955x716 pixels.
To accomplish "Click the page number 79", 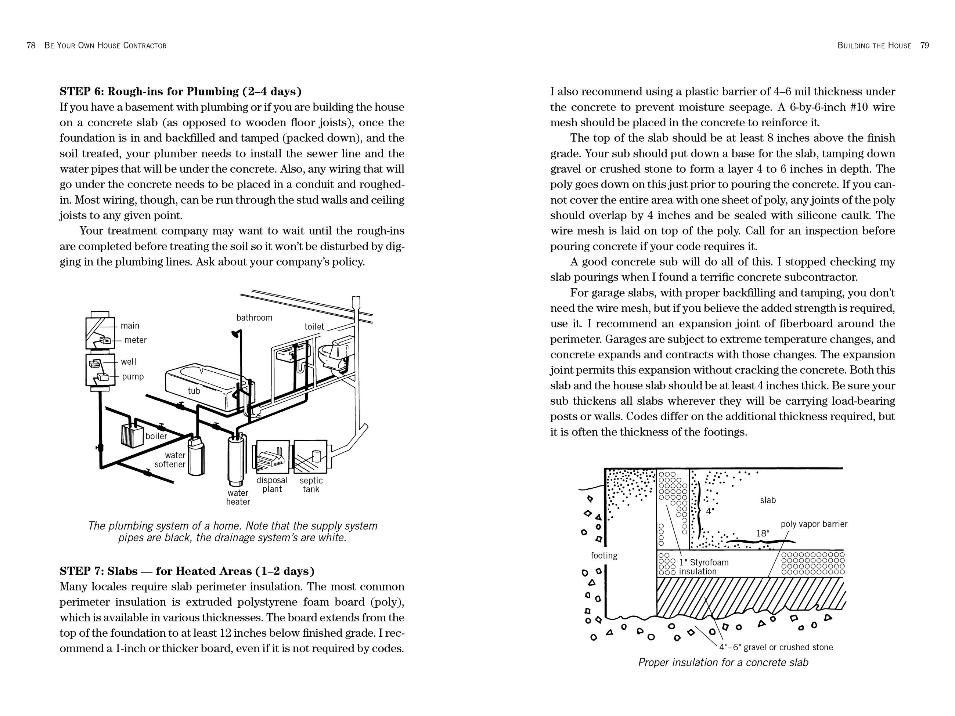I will click(x=925, y=45).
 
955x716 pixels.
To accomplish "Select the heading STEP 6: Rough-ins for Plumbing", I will click(x=180, y=91).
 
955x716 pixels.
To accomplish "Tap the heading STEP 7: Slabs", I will click(x=187, y=571).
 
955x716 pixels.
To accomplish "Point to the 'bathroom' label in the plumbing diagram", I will click(x=254, y=318).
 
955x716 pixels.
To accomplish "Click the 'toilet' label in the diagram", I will click(x=314, y=327).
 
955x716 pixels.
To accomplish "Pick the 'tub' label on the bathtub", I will click(x=194, y=391).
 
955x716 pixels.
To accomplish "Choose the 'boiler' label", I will click(x=156, y=436).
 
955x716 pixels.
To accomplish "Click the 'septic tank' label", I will click(x=311, y=485).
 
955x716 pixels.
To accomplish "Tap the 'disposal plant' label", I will click(x=272, y=485).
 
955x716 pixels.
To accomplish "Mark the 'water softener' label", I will click(x=170, y=460).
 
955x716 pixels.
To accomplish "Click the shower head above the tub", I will click(x=236, y=333).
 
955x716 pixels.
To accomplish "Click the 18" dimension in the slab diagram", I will click(x=763, y=534).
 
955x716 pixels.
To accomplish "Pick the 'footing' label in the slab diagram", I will click(x=604, y=556).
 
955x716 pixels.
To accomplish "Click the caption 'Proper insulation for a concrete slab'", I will click(x=723, y=662).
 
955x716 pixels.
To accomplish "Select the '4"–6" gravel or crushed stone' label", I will click(x=776, y=647).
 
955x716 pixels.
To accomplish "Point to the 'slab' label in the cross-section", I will click(x=768, y=500).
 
